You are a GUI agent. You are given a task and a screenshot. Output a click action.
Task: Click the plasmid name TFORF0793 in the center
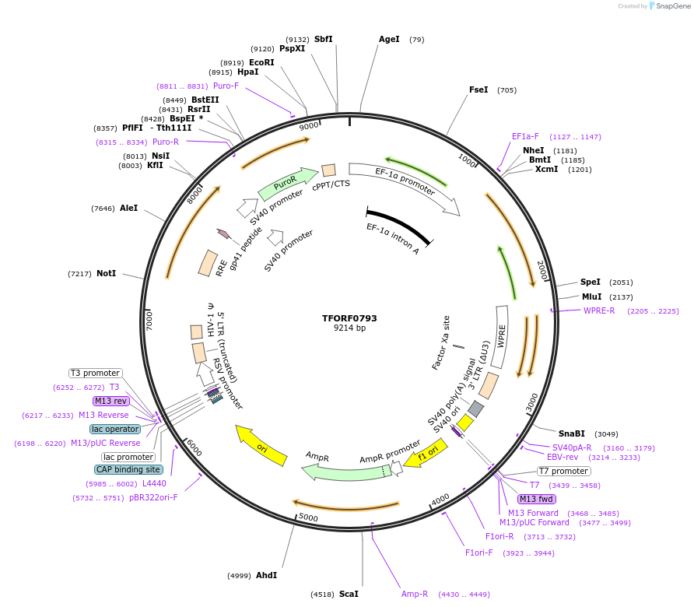[x=349, y=318]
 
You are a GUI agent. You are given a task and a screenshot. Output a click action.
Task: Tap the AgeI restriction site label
[x=389, y=39]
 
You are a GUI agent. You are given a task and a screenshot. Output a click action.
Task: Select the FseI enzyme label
[x=478, y=89]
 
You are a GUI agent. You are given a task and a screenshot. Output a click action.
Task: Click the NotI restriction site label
[x=106, y=273]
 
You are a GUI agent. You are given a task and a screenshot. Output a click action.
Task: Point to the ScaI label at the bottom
[x=349, y=594]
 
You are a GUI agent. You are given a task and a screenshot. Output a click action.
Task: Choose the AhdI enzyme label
[x=266, y=575]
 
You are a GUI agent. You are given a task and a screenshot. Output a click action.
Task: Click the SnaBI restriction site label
[x=571, y=433]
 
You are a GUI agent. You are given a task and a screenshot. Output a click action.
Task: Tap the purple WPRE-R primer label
[x=599, y=311]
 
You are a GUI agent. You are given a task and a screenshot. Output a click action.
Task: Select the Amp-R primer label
[x=415, y=594]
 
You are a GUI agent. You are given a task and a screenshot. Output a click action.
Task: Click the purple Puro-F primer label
[x=226, y=86]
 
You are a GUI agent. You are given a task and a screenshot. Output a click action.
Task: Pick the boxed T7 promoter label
[x=564, y=471]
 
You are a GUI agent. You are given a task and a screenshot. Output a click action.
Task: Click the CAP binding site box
[x=128, y=469]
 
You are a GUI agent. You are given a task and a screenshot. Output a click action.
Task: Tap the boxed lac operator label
[x=115, y=429]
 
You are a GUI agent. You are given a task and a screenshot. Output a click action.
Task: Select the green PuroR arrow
[x=285, y=184]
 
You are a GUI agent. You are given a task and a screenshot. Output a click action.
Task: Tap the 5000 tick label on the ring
[x=309, y=517]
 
